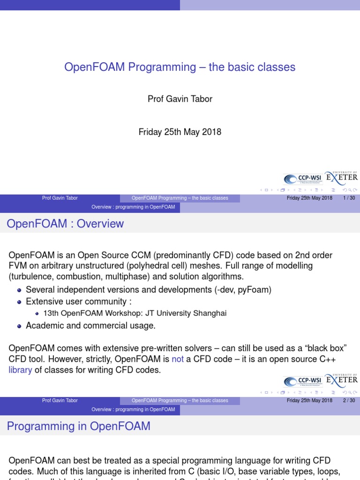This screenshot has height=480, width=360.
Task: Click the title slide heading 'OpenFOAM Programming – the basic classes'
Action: pos(180,67)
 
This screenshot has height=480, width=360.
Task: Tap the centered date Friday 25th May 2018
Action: pos(180,132)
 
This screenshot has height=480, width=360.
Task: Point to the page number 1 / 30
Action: pos(349,198)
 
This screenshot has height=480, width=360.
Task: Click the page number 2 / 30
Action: pos(349,400)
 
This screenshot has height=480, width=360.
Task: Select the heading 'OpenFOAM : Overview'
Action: pos(66,224)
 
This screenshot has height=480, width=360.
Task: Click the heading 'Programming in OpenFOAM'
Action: pos(79,426)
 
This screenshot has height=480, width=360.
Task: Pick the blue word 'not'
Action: pos(178,360)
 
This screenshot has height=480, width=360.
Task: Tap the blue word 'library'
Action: pos(21,370)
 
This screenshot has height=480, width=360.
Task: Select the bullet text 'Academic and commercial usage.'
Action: pos(90,325)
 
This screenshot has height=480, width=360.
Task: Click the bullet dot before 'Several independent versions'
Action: pos(19,290)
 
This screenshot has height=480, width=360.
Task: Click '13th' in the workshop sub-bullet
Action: pos(50,313)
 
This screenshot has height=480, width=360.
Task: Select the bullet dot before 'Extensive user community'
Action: pos(19,302)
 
